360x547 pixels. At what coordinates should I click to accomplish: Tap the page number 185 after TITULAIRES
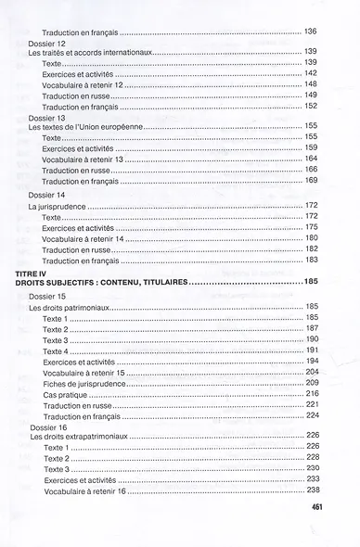[310, 281]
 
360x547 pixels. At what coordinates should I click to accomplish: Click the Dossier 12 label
[47, 44]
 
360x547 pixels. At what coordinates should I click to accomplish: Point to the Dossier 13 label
[47, 118]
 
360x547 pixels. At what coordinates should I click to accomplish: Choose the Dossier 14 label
[47, 194]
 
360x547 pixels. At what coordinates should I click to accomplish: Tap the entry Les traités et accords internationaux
[89, 52]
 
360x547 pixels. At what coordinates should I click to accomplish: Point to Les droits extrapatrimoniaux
[79, 435]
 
